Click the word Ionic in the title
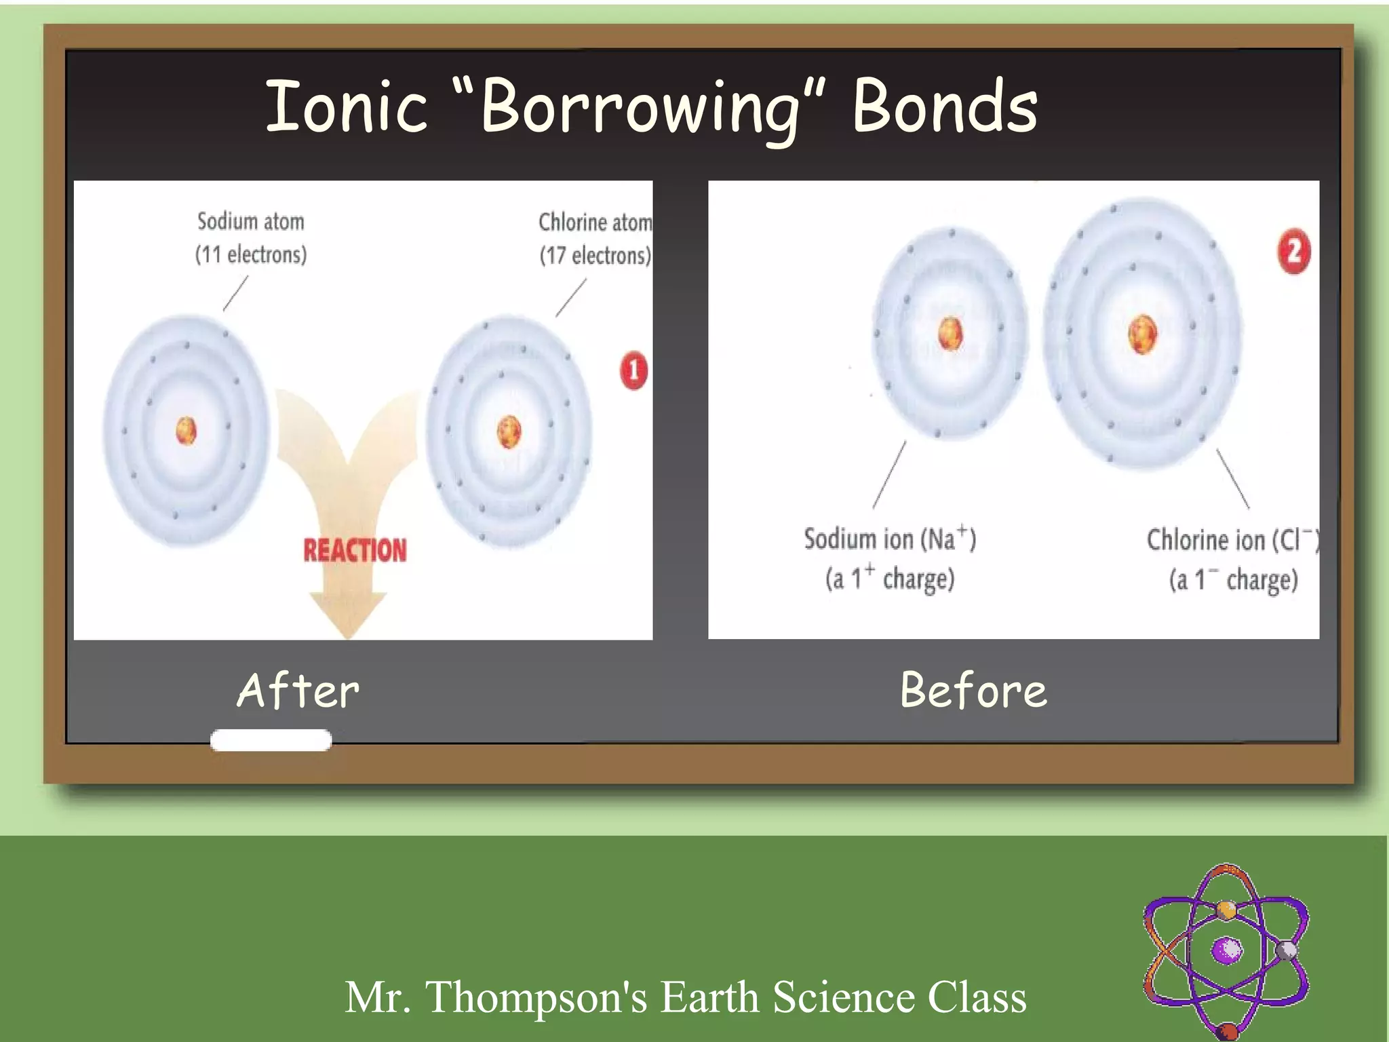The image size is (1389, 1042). coord(347,107)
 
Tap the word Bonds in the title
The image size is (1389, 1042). coord(945,107)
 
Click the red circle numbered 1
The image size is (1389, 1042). coord(633,370)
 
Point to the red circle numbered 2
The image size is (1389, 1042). coord(1293,252)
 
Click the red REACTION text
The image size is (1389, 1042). coord(355,550)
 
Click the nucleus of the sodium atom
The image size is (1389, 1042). coord(186,431)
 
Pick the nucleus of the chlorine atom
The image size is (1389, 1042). coord(509,431)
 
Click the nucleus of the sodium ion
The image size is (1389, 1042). coord(950,334)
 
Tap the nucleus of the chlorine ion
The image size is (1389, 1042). coord(1142,334)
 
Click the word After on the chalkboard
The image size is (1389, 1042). coord(298,691)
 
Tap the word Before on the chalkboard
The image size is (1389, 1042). coord(973,691)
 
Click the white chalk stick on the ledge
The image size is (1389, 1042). coord(271,740)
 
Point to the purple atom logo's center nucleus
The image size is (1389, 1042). coord(1227,950)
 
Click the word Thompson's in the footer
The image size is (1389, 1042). coord(536,997)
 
